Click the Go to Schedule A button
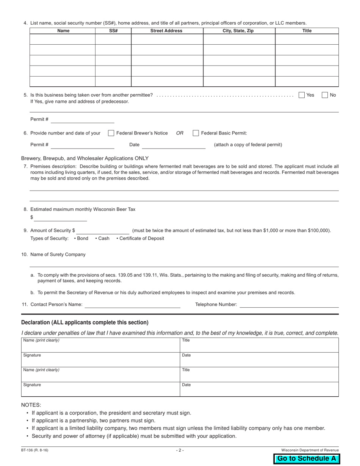[306, 458]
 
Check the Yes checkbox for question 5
[302, 95]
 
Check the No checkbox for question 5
[325, 95]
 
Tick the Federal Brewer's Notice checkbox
[111, 133]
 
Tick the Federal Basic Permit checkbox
[196, 133]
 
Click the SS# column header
[113, 31]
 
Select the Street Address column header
[166, 31]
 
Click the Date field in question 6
[174, 145]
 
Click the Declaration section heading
[85, 322]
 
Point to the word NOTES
[31, 405]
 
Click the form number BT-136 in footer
[34, 450]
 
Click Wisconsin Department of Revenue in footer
[310, 450]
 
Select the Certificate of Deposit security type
[141, 238]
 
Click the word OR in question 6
[180, 133]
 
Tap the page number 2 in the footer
[180, 450]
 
